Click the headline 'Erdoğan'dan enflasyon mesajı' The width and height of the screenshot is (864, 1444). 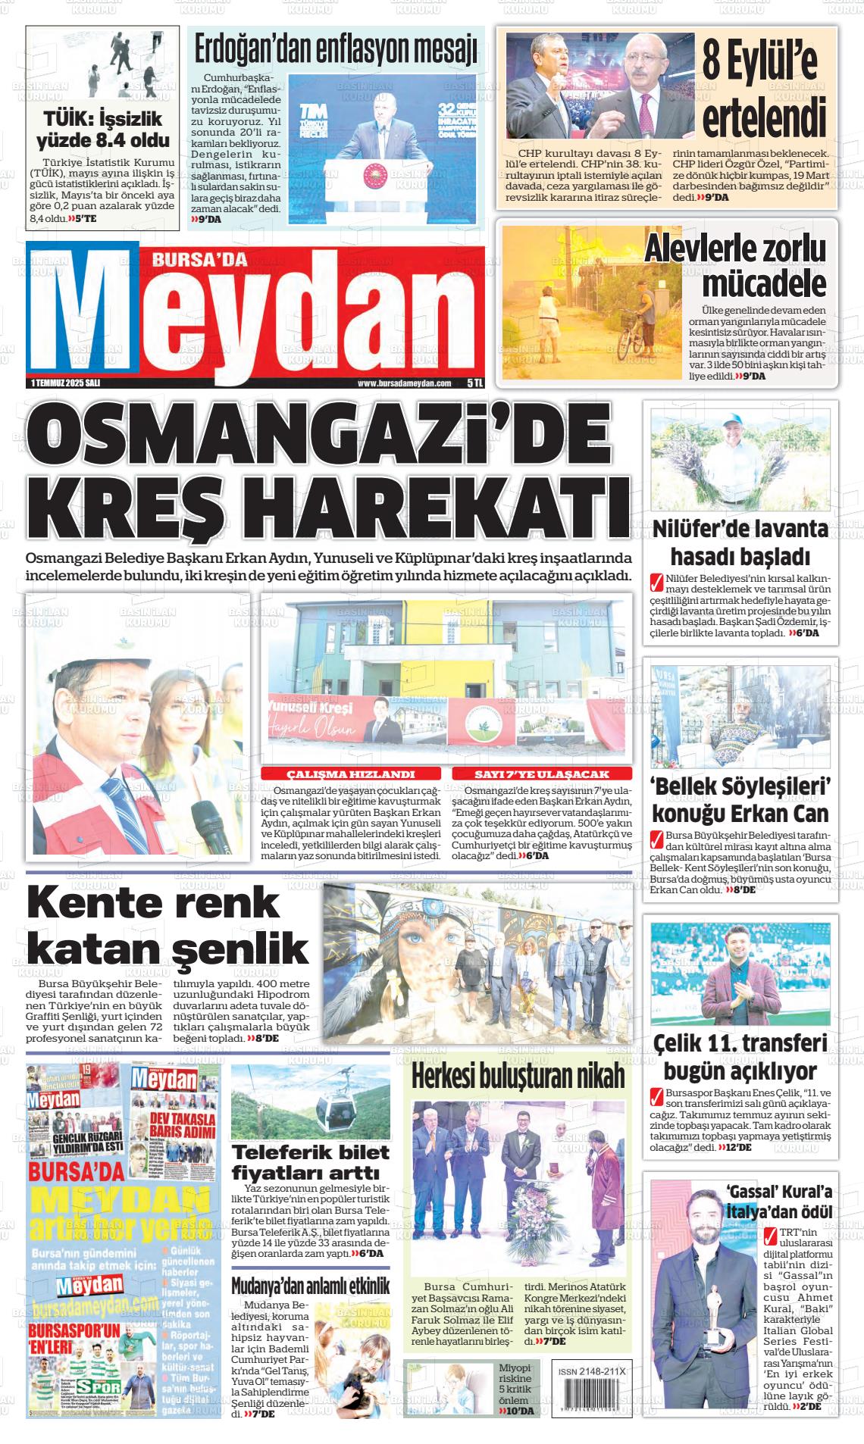coord(336,50)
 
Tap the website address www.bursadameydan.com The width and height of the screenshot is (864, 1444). coord(404,383)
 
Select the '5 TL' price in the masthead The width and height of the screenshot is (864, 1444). coord(475,383)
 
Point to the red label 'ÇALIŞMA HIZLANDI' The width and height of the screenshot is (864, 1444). coord(350,774)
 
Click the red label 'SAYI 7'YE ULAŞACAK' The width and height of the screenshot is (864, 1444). coord(541,774)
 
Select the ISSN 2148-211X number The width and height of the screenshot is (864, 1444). coord(590,1372)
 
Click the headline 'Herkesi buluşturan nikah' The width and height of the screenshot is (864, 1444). coord(518,1075)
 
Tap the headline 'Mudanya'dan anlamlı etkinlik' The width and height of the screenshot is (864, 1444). coord(311,1286)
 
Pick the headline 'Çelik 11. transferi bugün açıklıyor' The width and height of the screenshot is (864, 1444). coord(740,1058)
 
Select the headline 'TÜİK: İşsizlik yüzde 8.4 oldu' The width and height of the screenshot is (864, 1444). coord(103,129)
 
